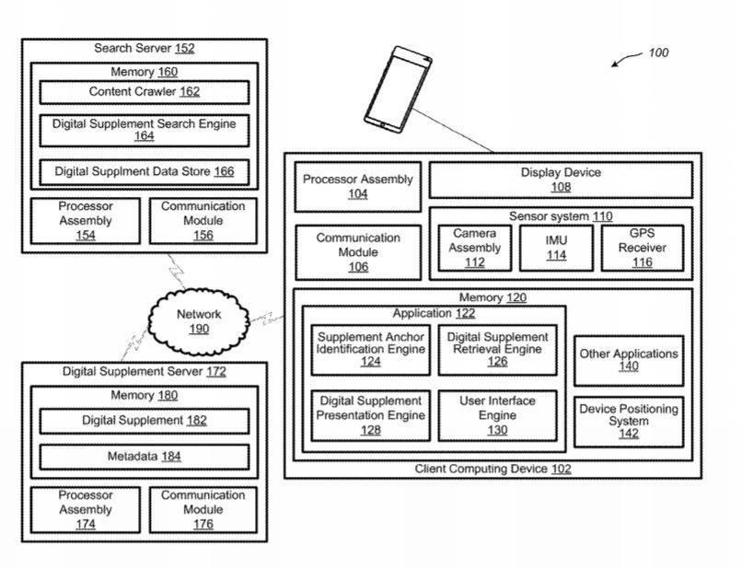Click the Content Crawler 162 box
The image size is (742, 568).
pos(144,92)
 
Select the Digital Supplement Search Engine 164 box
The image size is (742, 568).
pos(144,130)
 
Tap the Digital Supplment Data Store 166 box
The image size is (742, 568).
pos(144,171)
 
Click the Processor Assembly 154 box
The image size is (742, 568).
pos(86,221)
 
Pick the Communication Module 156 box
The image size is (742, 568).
pos(203,221)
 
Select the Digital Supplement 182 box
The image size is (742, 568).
pos(144,421)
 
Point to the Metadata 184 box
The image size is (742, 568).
pos(144,457)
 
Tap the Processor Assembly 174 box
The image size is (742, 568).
pos(86,509)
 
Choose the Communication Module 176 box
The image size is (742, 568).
pos(203,509)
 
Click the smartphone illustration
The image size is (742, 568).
pos(398,87)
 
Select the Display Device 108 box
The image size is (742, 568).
pos(561,180)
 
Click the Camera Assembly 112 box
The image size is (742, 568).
pos(475,249)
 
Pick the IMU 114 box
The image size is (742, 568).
pos(556,249)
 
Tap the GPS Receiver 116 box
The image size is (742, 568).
pos(642,249)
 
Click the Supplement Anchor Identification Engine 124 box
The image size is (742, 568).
pos(370,350)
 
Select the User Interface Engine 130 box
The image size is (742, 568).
pos(497,415)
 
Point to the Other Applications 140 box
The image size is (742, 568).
pos(628,360)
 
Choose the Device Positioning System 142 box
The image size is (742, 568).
pos(628,421)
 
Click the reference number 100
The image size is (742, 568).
pos(658,52)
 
